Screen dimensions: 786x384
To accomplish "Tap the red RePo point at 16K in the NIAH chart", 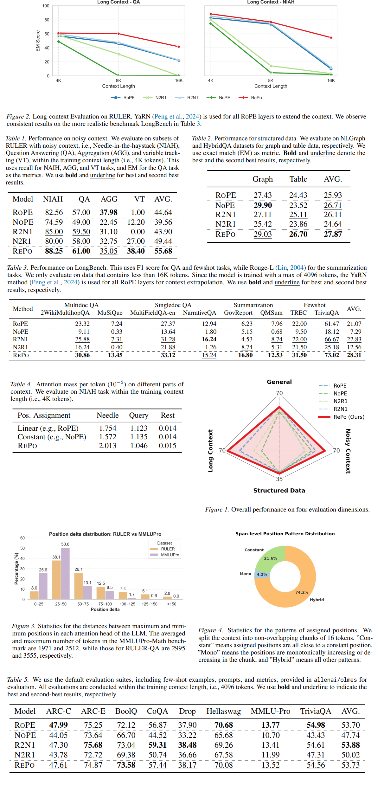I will click(x=331, y=38).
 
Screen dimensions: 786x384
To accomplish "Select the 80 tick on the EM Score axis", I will click(x=47, y=20).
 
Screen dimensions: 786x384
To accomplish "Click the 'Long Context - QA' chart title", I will click(x=118, y=2).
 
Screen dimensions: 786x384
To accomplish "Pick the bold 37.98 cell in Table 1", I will click(x=108, y=212).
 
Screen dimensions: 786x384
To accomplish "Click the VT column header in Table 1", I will click(x=139, y=199).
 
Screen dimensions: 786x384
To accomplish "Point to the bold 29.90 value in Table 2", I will click(x=263, y=205).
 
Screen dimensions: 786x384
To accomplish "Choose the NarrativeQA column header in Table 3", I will click(x=200, y=313).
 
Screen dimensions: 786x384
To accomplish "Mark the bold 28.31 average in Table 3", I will click(x=354, y=355).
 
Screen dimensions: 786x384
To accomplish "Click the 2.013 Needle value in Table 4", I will click(x=108, y=446).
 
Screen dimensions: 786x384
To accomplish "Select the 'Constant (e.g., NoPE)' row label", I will click(x=52, y=437).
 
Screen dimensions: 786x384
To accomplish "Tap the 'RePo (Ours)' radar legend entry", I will click(x=349, y=417).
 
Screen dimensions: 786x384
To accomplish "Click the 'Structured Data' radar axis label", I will click(x=279, y=490).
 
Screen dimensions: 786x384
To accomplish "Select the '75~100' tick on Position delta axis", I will click(x=105, y=604).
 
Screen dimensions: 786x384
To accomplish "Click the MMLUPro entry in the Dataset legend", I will click(x=170, y=555).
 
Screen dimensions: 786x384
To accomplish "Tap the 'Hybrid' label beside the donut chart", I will click(x=317, y=600).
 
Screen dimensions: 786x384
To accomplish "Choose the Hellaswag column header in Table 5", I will click(x=224, y=711).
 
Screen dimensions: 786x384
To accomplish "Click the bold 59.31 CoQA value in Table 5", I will click(x=157, y=745).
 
